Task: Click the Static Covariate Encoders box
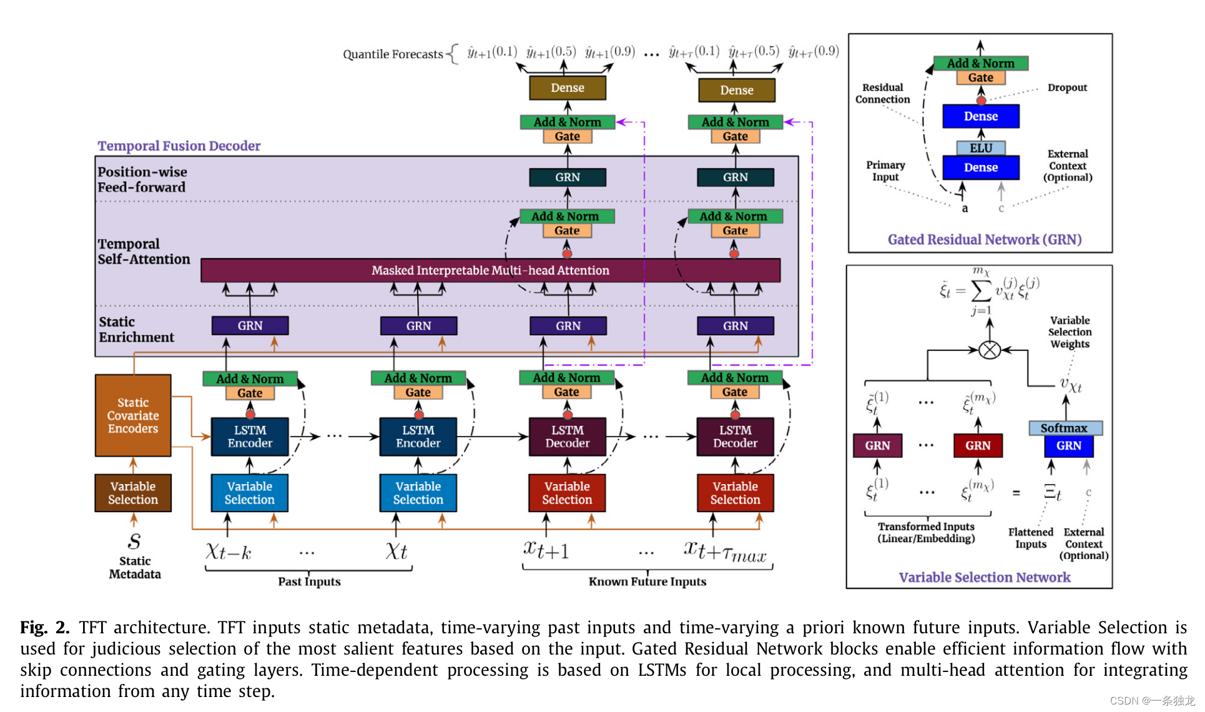133,415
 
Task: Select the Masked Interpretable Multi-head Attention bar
490,270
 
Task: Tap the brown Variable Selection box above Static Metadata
133,493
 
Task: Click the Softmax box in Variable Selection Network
1065,428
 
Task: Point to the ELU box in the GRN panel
981,148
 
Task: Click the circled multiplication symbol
990,350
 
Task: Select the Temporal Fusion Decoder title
179,146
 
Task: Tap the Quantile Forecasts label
393,54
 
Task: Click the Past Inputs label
309,581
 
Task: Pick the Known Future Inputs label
647,581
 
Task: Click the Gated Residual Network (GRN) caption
985,239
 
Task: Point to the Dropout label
1067,87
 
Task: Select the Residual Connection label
882,93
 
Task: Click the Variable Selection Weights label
1070,332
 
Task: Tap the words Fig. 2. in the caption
44,627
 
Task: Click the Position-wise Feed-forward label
142,179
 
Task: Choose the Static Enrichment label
136,329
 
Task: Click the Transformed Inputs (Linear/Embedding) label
926,532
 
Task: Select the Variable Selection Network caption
985,577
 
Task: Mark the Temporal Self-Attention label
144,251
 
